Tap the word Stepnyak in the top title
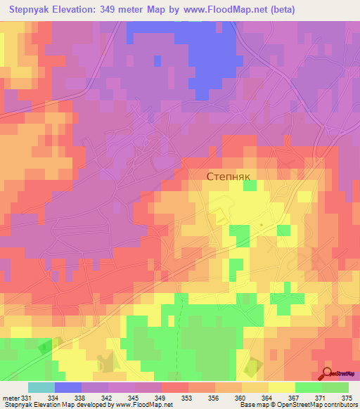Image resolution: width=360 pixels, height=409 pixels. point(34,9)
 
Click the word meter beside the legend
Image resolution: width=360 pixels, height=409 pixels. point(11,398)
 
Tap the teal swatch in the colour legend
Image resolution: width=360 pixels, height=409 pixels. point(41,387)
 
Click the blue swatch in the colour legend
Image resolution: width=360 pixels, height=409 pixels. point(67,387)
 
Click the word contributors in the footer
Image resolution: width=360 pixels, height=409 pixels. point(341,405)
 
